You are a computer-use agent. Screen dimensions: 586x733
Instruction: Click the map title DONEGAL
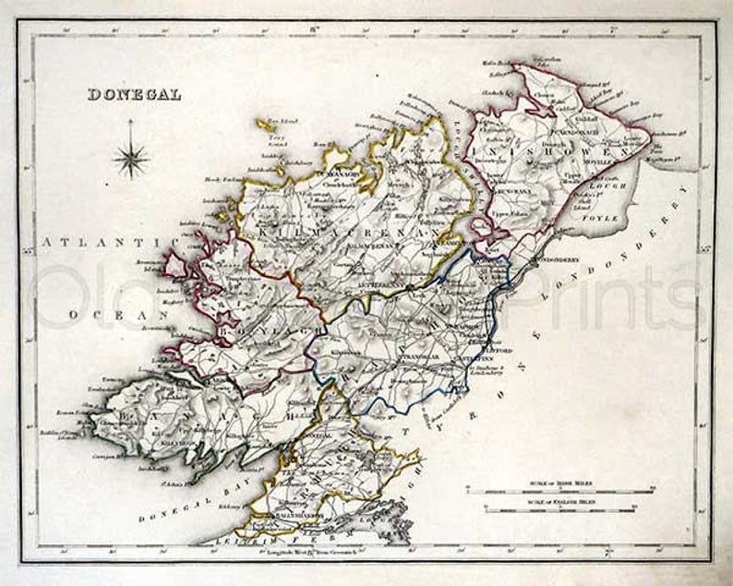(x=134, y=94)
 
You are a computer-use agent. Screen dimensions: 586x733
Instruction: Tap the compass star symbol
(x=132, y=155)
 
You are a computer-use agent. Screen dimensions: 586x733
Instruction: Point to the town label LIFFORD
(x=474, y=349)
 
